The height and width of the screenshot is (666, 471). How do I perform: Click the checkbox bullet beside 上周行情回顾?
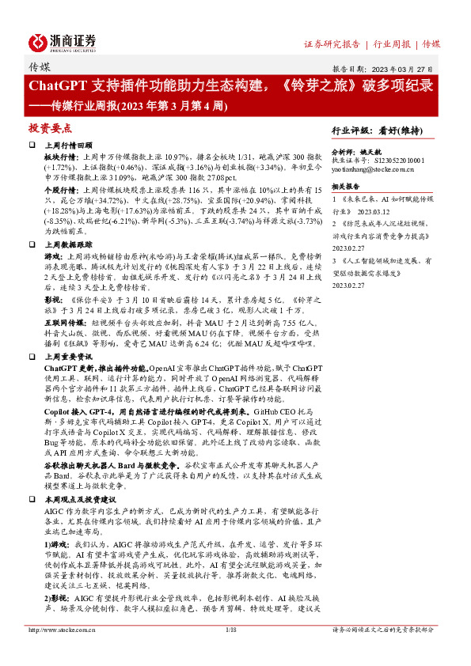32,146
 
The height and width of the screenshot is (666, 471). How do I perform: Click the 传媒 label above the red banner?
39,68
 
